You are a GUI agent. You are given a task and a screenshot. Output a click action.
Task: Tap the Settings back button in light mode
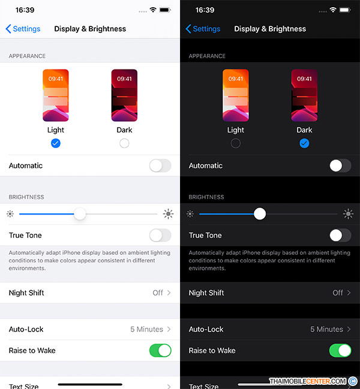pyautogui.click(x=23, y=29)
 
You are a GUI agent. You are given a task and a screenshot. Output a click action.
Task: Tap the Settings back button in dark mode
pyautogui.click(x=203, y=29)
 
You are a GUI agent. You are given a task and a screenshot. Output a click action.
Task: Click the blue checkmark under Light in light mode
pyautogui.click(x=56, y=143)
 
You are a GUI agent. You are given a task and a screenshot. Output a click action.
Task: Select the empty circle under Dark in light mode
pyautogui.click(x=124, y=143)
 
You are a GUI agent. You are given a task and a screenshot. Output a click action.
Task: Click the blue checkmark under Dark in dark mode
pyautogui.click(x=304, y=143)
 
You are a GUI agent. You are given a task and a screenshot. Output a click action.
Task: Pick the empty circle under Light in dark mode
pyautogui.click(x=235, y=143)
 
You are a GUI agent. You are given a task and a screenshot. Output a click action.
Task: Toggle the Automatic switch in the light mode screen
pyautogui.click(x=160, y=165)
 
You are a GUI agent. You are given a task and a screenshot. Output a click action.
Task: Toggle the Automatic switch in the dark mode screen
pyautogui.click(x=340, y=165)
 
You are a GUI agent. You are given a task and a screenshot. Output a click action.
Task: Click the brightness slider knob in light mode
pyautogui.click(x=80, y=214)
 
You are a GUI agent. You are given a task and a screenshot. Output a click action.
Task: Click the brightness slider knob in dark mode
pyautogui.click(x=260, y=214)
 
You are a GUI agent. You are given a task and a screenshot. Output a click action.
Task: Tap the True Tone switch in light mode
pyautogui.click(x=160, y=235)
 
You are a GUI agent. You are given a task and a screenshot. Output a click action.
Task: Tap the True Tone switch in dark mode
pyautogui.click(x=340, y=235)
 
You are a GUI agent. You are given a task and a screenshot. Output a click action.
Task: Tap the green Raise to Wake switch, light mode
pyautogui.click(x=160, y=350)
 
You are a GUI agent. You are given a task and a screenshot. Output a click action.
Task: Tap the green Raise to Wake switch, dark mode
pyautogui.click(x=340, y=350)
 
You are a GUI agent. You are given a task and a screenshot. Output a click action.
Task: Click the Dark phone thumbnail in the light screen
pyautogui.click(x=124, y=95)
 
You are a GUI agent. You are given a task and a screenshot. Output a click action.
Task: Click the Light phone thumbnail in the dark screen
pyautogui.click(x=236, y=95)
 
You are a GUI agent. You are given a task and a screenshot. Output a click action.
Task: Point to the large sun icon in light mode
pyautogui.click(x=168, y=214)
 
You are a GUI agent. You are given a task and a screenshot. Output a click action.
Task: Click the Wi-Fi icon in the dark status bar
pyautogui.click(x=333, y=10)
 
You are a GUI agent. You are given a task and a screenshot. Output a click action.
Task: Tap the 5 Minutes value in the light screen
pyautogui.click(x=147, y=329)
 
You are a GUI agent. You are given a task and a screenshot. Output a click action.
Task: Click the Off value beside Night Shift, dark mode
pyautogui.click(x=338, y=292)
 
